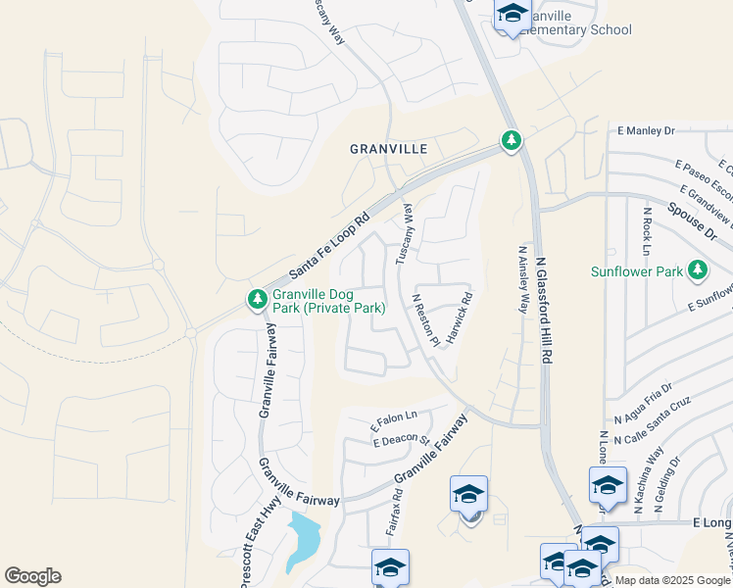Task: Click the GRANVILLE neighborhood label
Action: coord(389,149)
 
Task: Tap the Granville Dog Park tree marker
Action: coord(257,298)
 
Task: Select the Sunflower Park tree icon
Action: coord(698,269)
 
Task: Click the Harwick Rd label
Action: coord(460,318)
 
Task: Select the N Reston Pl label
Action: coord(425,319)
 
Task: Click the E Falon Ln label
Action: coord(393,422)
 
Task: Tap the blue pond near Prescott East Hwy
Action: coord(304,540)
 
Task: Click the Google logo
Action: coord(32,576)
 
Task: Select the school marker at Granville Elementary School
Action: coord(512,16)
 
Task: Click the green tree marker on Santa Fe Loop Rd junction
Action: coord(511,141)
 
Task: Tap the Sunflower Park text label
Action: coord(637,270)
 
